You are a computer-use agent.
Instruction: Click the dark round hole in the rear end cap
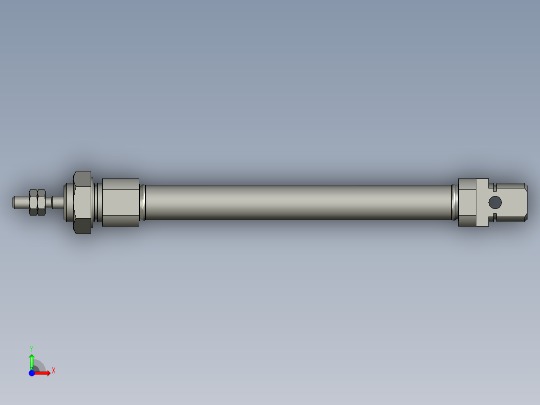[494, 202]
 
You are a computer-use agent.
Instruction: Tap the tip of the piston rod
[15, 202]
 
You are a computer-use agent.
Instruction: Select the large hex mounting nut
[83, 202]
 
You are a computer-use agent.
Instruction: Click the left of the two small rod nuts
[34, 202]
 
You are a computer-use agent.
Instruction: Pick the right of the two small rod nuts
[42, 202]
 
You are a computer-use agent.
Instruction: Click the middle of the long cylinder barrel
[298, 202]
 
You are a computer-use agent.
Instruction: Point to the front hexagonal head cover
[120, 202]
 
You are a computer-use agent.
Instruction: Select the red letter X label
[53, 370]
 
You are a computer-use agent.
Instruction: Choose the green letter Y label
[31, 347]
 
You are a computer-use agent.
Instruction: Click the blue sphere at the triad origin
[32, 373]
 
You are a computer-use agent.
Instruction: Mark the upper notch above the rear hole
[494, 188]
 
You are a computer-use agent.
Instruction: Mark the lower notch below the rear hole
[494, 217]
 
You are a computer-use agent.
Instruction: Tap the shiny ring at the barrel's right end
[454, 202]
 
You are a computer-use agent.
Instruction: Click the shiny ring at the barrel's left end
[143, 202]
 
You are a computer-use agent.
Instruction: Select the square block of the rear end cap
[467, 202]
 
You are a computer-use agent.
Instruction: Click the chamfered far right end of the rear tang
[525, 202]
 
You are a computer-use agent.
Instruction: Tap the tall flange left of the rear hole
[482, 202]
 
